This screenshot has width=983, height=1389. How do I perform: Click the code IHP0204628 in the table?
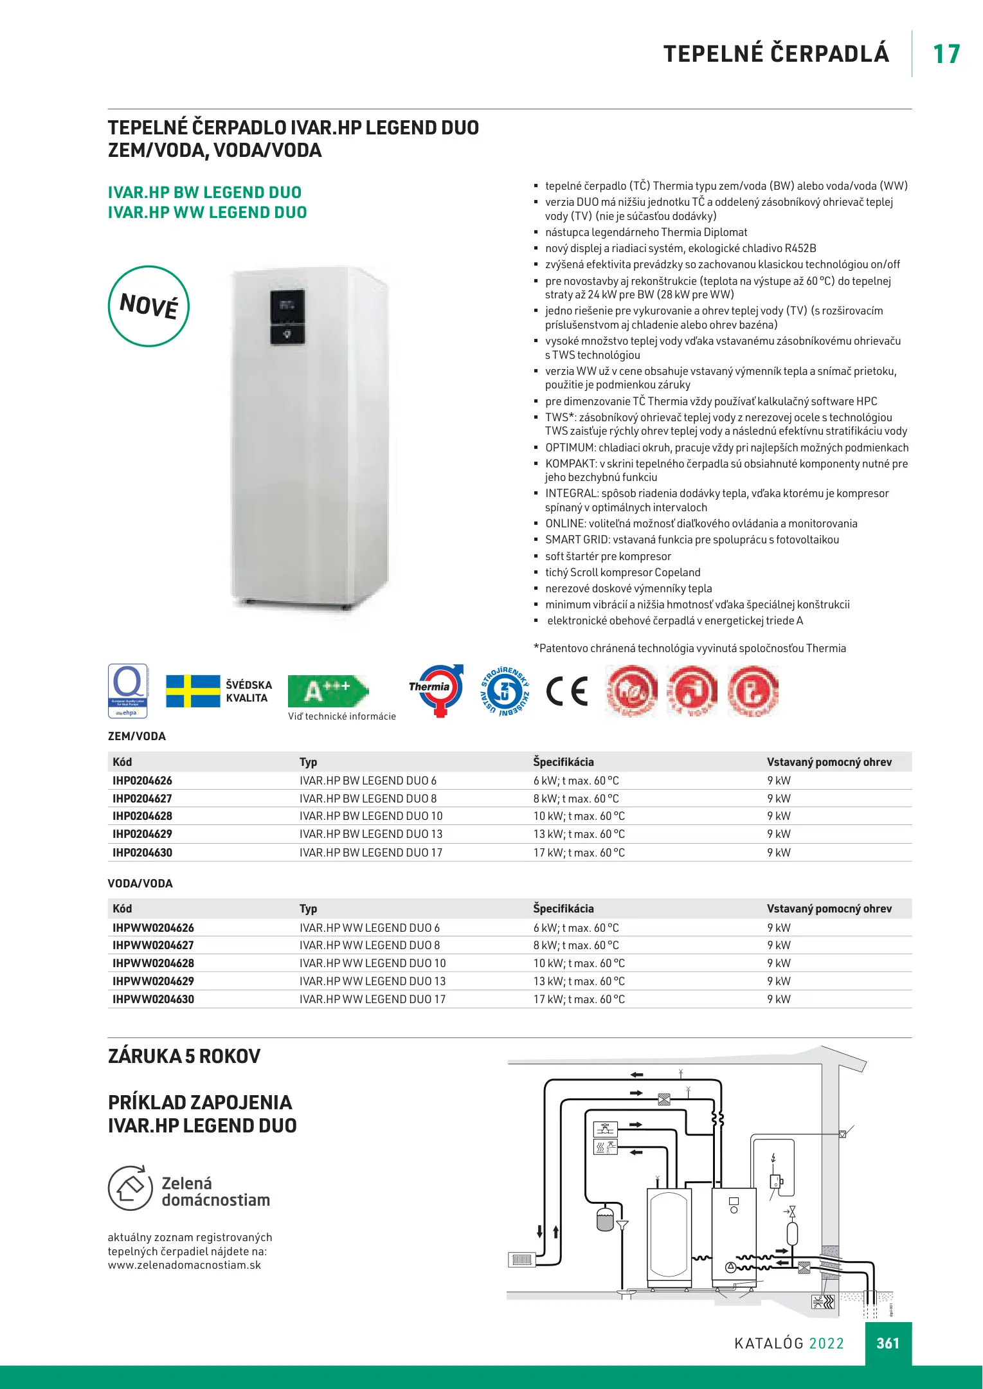click(142, 816)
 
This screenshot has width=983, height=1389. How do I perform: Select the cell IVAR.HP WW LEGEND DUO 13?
click(372, 981)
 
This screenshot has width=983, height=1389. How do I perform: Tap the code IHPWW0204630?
click(153, 999)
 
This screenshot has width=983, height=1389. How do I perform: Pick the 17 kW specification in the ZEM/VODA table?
click(579, 853)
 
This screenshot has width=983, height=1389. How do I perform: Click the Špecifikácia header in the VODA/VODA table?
click(563, 909)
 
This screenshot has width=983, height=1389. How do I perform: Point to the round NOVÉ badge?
click(149, 306)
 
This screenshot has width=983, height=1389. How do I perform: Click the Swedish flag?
click(193, 691)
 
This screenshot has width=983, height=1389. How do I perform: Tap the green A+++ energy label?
click(327, 691)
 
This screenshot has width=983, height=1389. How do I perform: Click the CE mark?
click(567, 691)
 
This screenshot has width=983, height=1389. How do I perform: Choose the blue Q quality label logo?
click(127, 691)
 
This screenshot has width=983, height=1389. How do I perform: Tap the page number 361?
click(888, 1343)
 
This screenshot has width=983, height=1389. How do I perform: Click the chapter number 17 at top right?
click(946, 54)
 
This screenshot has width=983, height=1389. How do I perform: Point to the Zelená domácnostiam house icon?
click(130, 1188)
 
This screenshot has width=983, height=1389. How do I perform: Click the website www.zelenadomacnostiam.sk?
click(185, 1265)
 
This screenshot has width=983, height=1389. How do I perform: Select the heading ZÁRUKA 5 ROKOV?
click(184, 1057)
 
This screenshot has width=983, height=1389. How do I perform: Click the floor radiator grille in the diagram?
click(521, 1260)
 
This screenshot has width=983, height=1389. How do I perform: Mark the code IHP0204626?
click(142, 781)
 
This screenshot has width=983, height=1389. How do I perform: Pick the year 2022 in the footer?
click(826, 1343)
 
